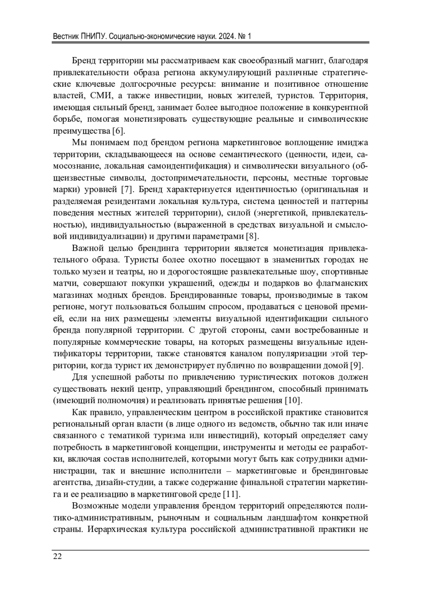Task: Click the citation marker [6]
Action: pos(118,131)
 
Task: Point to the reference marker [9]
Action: pos(357,366)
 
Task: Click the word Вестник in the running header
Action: pos(65,37)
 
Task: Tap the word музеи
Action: pos(95,272)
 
